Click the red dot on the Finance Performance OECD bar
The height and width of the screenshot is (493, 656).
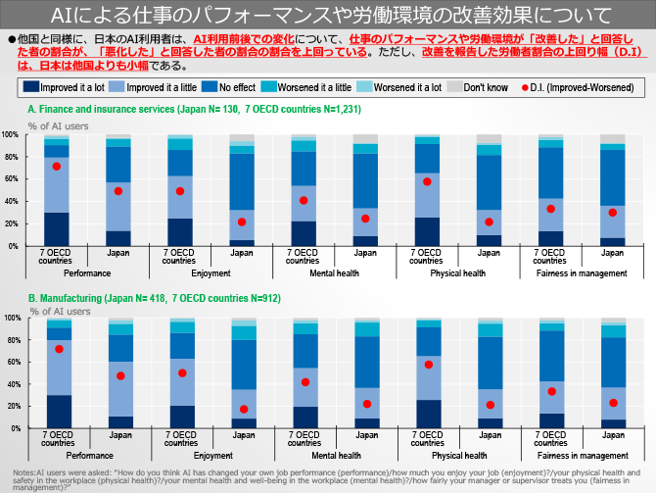58,167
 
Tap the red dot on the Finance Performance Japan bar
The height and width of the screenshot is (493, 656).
118,191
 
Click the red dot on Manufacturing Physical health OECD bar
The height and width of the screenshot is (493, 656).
428,365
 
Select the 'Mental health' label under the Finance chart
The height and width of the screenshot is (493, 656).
334,273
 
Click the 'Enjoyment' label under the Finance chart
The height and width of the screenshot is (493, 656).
211,273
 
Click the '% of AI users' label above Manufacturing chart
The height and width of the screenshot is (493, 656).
61,310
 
